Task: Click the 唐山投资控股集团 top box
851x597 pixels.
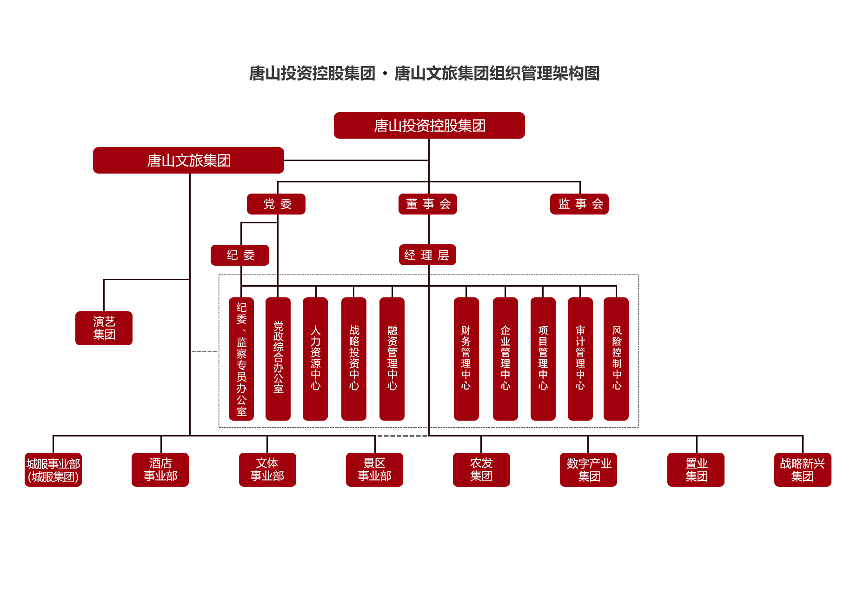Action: pos(429,125)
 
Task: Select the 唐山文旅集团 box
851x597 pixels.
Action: pos(188,160)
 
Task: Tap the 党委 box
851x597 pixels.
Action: pos(276,204)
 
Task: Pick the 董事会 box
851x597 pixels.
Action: pos(428,204)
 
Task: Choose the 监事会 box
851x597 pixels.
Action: pos(579,204)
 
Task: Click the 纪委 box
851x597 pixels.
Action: pos(240,255)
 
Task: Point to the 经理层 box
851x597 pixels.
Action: pos(427,255)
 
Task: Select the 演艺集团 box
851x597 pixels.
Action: pos(104,328)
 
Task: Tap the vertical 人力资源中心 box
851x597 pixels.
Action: pos(315,359)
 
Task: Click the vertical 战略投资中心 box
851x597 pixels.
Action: pos(354,359)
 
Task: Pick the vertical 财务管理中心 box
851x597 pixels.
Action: pos(466,359)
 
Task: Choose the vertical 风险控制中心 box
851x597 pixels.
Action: pos(616,359)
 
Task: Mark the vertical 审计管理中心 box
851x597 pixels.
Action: pos(580,359)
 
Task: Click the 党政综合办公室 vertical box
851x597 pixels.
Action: pos(278,359)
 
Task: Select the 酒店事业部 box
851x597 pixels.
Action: pos(160,470)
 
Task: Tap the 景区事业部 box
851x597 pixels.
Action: pos(374,470)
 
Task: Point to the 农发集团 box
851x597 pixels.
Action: pos(481,470)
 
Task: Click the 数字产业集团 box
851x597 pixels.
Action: pos(588,470)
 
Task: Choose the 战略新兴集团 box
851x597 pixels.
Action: pos(803,470)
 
